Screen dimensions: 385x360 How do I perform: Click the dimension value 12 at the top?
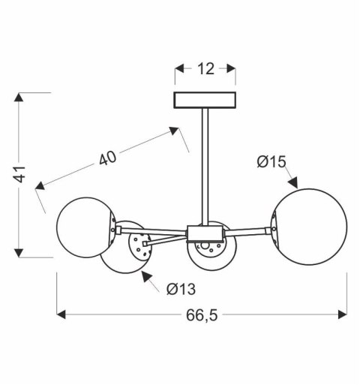pos(205,69)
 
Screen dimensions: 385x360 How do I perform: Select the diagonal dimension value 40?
pos(107,158)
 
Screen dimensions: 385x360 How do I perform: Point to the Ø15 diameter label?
pos(271,161)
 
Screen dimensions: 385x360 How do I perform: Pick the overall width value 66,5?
pos(200,314)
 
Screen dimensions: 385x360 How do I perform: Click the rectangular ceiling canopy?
pos(205,100)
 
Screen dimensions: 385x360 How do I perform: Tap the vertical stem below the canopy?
pos(204,165)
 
